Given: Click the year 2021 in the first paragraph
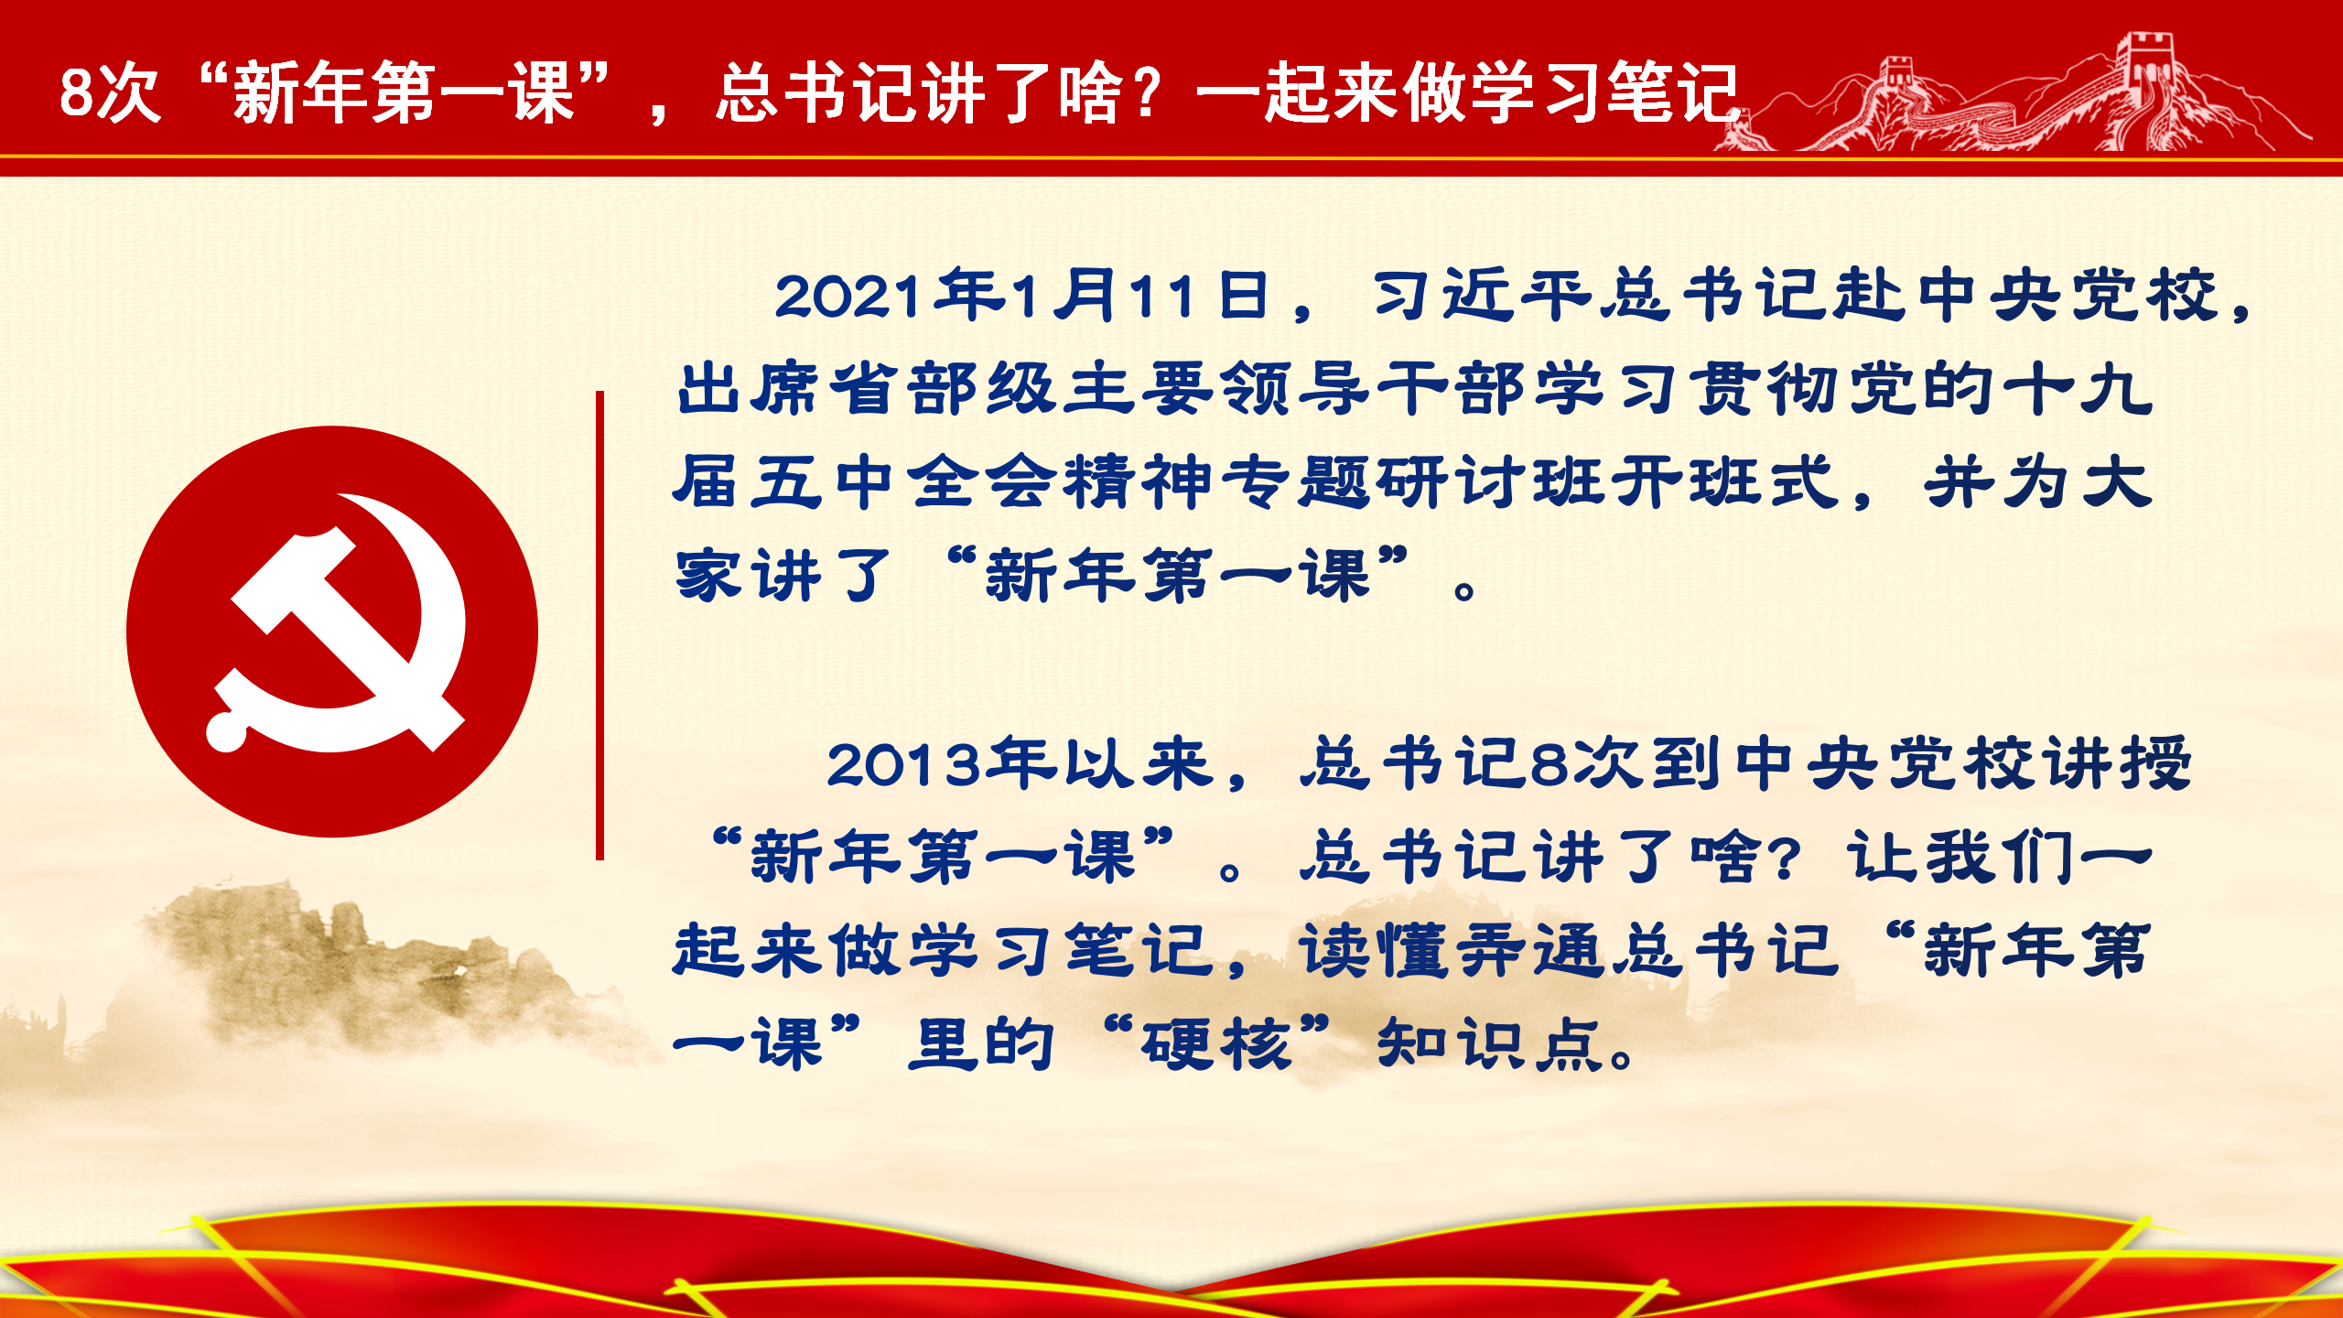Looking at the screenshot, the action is pyautogui.click(x=848, y=297).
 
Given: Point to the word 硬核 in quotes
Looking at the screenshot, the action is pyautogui.click(x=1216, y=1043).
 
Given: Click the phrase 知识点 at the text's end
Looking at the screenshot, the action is pyautogui.click(x=1493, y=1043).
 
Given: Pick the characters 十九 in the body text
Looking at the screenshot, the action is pyautogui.click(x=2078, y=389).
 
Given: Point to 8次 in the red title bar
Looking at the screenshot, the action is pyautogui.click(x=110, y=92).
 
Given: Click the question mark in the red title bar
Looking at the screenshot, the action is pyautogui.click(x=1146, y=92).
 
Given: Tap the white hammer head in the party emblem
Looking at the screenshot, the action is pyautogui.click(x=293, y=580).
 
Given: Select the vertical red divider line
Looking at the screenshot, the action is pyautogui.click(x=599, y=626).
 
